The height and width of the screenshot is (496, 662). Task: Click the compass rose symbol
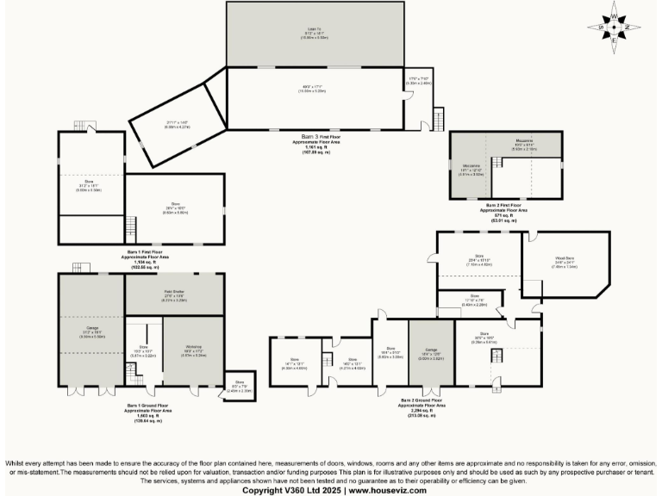pos(614,27)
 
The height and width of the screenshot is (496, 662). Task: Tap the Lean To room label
pos(315,31)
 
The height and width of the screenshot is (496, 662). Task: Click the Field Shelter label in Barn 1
pos(174,294)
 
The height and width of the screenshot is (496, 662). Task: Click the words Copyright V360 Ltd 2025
pos(292,489)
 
